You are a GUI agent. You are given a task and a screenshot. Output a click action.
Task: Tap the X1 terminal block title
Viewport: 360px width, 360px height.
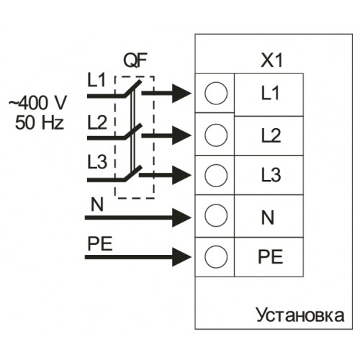pos(271,60)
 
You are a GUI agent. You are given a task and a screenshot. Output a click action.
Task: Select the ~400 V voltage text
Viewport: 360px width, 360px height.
pos(37,103)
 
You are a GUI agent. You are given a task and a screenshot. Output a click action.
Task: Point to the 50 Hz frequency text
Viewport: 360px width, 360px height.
pos(40,122)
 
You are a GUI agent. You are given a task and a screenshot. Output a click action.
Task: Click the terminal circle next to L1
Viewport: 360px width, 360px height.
pos(216,93)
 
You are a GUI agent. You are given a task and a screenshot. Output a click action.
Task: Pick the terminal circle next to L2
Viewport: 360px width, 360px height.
pos(216,135)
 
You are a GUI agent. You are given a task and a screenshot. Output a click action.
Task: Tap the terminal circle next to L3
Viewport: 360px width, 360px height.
pos(216,175)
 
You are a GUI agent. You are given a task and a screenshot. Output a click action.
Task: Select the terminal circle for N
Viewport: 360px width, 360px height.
pos(216,215)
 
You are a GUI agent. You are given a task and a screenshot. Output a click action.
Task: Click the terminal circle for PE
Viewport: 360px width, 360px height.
pos(216,256)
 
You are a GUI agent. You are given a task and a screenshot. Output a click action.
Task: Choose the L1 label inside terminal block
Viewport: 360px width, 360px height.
pos(270,93)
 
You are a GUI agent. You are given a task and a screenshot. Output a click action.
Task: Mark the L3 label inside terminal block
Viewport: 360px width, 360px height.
pos(271,175)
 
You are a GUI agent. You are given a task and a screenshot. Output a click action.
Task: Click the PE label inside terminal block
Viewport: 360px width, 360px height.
pos(271,256)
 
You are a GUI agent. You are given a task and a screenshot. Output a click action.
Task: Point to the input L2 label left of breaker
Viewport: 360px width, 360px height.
pos(97,122)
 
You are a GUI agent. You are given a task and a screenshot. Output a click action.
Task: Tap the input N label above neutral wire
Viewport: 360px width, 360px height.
pos(97,204)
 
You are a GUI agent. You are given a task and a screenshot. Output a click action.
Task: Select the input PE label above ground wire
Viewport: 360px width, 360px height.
pos(100,243)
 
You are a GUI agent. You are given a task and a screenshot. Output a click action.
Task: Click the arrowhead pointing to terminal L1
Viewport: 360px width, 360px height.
pos(181,94)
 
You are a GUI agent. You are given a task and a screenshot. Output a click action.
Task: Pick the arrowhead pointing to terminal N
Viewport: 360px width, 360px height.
pos(181,217)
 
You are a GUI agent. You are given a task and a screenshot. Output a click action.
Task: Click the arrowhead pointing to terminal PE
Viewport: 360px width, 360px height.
pos(181,257)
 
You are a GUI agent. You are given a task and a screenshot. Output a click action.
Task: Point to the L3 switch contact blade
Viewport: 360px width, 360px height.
pos(132,173)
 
